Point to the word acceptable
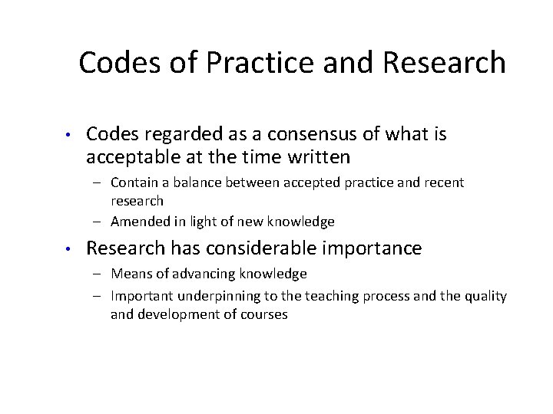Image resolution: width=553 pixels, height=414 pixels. click(134, 158)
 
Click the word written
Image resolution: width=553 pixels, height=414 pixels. click(314, 158)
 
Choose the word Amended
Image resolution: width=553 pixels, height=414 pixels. click(138, 222)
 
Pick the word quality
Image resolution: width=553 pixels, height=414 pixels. click(485, 296)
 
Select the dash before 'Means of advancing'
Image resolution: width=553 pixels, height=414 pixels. click(101, 274)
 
